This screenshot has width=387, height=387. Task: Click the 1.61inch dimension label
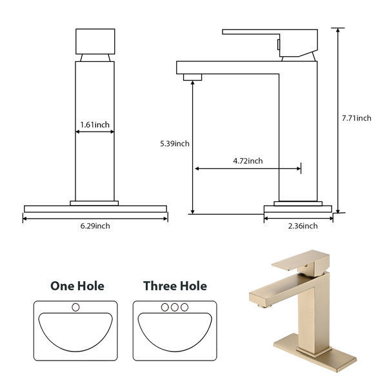(95, 124)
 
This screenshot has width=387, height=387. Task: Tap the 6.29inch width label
(95, 226)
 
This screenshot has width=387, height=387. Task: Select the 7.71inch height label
(357, 118)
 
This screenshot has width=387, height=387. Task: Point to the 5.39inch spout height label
(175, 143)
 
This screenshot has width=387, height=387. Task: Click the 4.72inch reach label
(248, 161)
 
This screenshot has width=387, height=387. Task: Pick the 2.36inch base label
(303, 226)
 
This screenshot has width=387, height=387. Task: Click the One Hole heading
(77, 286)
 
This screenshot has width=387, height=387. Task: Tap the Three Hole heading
(175, 286)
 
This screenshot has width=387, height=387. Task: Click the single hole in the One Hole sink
(75, 307)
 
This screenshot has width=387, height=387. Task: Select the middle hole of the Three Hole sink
(175, 307)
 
